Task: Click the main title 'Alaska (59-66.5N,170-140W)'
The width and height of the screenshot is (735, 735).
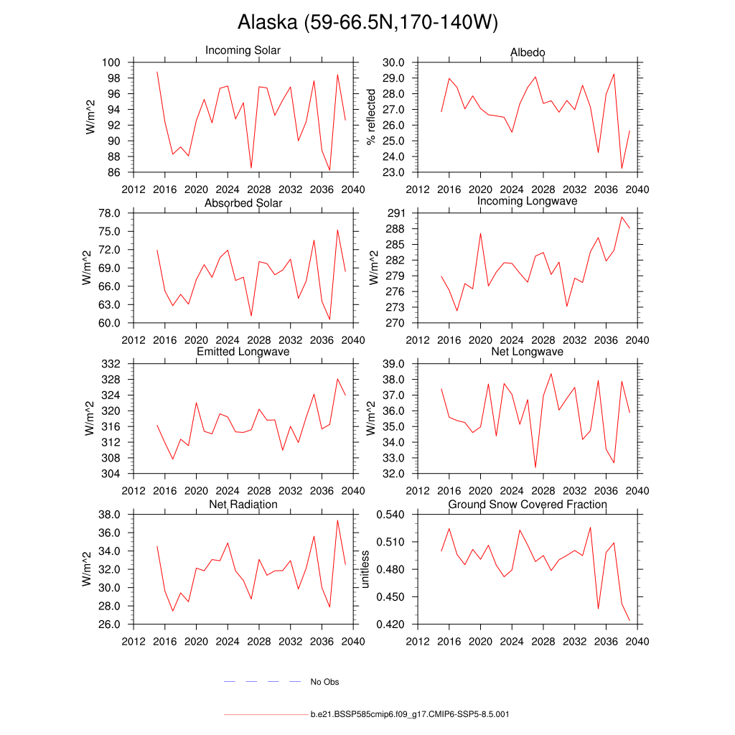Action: click(367, 23)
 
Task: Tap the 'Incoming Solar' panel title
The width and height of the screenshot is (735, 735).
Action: click(243, 51)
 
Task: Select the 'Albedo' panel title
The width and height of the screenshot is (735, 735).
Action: click(528, 52)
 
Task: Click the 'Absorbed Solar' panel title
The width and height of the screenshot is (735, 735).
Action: click(243, 203)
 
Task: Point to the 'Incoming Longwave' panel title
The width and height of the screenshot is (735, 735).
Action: click(528, 202)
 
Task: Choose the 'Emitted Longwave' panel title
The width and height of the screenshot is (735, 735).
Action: click(243, 352)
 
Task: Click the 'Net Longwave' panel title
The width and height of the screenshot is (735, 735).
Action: click(528, 352)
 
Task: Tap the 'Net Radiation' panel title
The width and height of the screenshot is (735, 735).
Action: click(243, 505)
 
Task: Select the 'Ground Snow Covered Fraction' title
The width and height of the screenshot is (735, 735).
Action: click(528, 505)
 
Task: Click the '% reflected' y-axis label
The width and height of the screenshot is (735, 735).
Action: click(371, 117)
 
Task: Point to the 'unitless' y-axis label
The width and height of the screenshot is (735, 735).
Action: click(365, 569)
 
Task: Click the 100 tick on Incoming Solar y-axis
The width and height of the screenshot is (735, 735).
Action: click(113, 62)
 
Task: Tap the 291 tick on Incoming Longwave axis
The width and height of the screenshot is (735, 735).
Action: click(397, 213)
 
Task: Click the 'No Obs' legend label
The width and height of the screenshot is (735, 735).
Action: click(324, 682)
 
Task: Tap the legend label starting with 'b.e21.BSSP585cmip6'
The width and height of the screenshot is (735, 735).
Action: click(410, 715)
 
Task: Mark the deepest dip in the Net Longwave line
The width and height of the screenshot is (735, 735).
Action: click(535, 467)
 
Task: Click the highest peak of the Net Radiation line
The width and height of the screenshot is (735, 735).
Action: click(337, 520)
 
